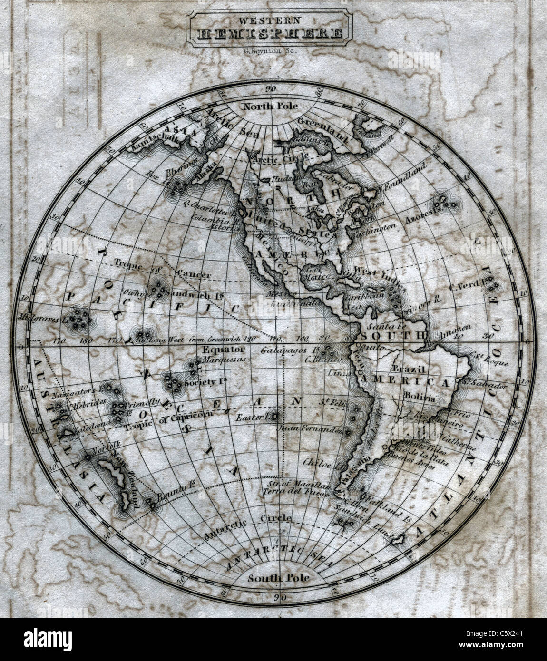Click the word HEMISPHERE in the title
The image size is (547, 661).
click(269, 34)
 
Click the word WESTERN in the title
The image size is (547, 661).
click(269, 20)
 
